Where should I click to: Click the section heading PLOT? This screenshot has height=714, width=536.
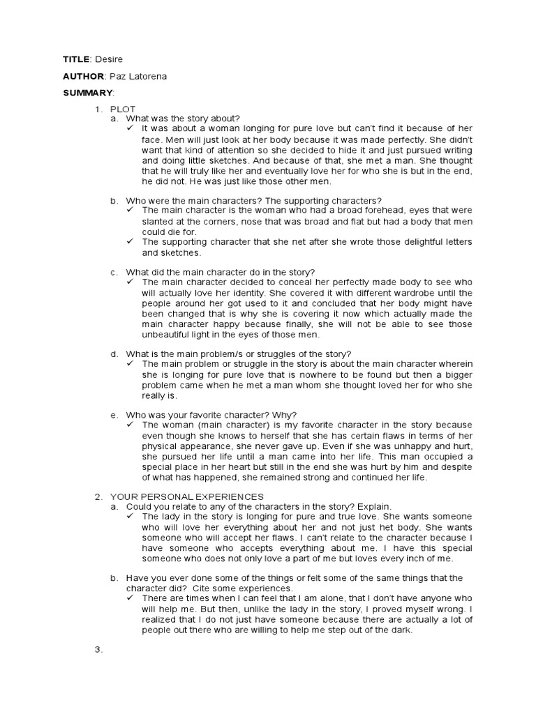pyautogui.click(x=123, y=109)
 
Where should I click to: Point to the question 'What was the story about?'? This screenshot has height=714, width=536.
pyautogui.click(x=182, y=119)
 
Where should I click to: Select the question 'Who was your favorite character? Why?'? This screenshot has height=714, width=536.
pyautogui.click(x=211, y=414)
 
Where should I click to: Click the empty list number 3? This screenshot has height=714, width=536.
pyautogui.click(x=98, y=649)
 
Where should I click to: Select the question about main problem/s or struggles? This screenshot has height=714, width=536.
pyautogui.click(x=238, y=354)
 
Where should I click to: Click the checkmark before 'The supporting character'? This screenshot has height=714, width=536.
pyautogui.click(x=131, y=241)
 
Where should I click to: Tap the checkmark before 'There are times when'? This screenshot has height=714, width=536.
pyautogui.click(x=131, y=598)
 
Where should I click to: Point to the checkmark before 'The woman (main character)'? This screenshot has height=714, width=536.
pyautogui.click(x=131, y=424)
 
